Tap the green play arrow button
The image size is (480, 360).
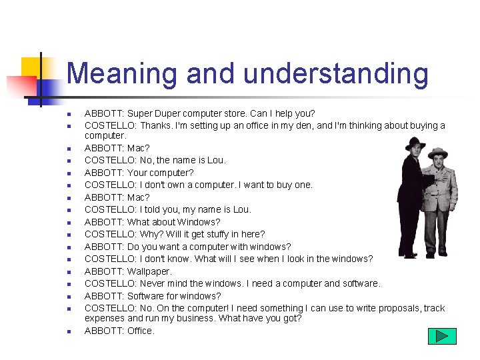441,336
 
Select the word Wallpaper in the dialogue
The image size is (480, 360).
149,271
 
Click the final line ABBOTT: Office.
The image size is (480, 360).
119,331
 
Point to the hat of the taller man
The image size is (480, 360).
415,143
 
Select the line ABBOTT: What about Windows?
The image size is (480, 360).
152,222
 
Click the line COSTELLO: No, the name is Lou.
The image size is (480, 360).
155,160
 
